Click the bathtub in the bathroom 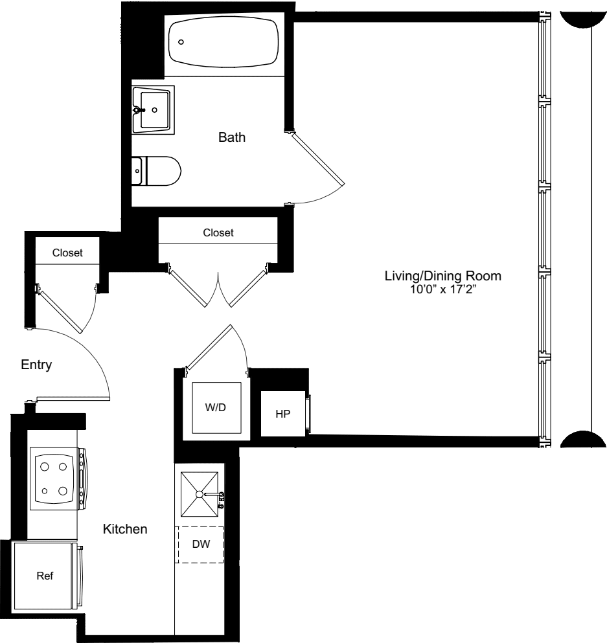coord(223,41)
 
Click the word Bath coord(232,138)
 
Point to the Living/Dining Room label coord(442,276)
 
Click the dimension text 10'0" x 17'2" coord(442,289)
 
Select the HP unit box coord(282,414)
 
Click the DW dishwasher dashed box coord(201,545)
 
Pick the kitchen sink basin coord(200,495)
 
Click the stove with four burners coord(54,478)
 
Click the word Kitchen coord(125,530)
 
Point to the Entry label coord(36,365)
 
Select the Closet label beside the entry coord(67,253)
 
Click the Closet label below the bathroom coord(218,232)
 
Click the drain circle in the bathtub coord(181,41)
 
